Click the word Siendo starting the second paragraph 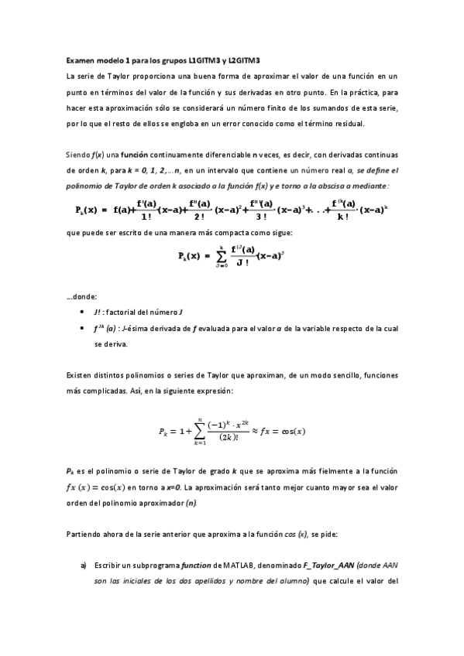78,155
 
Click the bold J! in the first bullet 98,312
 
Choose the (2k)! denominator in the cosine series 234,437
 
